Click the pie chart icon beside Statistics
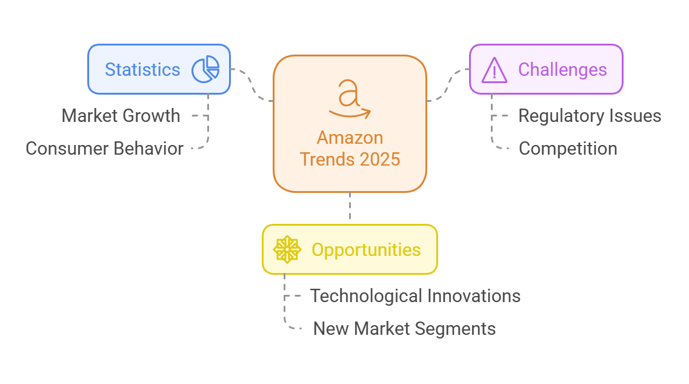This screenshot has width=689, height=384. click(205, 69)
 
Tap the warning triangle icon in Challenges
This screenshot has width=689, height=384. click(494, 70)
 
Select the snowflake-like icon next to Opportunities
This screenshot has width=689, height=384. click(287, 249)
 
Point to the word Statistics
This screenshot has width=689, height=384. click(142, 69)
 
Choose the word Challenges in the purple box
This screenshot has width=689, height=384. click(562, 70)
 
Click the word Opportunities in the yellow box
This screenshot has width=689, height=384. click(366, 249)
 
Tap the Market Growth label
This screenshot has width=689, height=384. click(121, 116)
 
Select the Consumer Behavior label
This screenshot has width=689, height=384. click(104, 149)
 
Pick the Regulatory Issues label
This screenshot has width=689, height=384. click(590, 116)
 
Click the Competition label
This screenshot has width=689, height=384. click(568, 149)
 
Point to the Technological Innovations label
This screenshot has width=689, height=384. click(415, 296)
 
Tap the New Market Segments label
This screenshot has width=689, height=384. click(404, 329)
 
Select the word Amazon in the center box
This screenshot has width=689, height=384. click(350, 138)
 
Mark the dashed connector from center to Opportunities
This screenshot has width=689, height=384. click(350, 208)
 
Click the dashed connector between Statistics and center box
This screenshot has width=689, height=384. click(251, 83)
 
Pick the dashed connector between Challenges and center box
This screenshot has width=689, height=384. click(448, 83)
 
